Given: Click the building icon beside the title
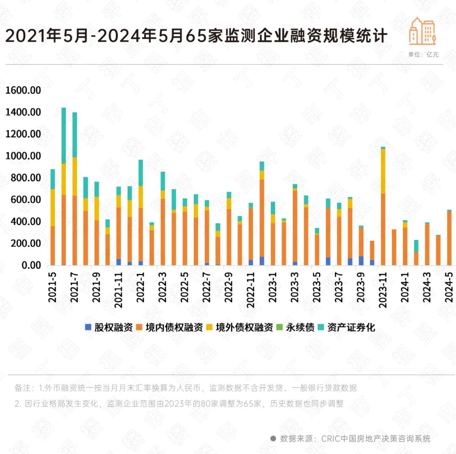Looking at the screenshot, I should click(422, 31).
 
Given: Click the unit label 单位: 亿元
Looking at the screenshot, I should click(423, 54).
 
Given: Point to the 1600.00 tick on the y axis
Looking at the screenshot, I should click(23, 90).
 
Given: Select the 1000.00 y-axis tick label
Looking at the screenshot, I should click(23, 156).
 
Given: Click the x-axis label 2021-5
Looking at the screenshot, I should click(52, 287).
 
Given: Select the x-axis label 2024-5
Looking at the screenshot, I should click(449, 287).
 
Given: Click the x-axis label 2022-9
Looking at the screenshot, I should click(229, 287).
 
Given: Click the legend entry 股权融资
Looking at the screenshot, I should click(109, 327).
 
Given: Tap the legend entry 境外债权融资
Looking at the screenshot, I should click(239, 327).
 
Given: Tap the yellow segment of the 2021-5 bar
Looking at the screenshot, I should click(53, 207).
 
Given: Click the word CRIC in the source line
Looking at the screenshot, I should click(331, 439).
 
